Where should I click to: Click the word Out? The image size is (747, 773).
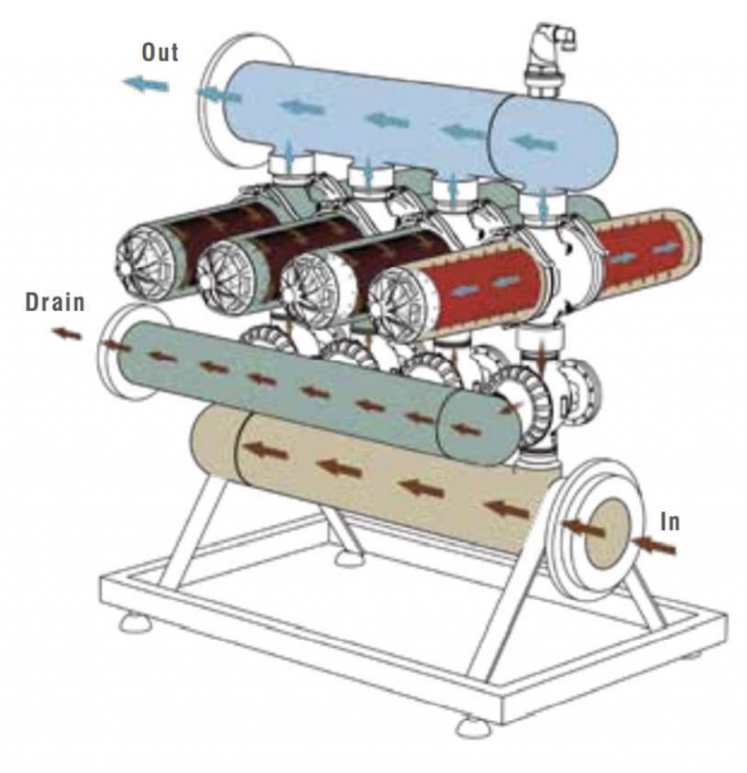[160, 52]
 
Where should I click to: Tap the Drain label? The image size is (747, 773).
[54, 302]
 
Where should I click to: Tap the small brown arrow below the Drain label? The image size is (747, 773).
[67, 334]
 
